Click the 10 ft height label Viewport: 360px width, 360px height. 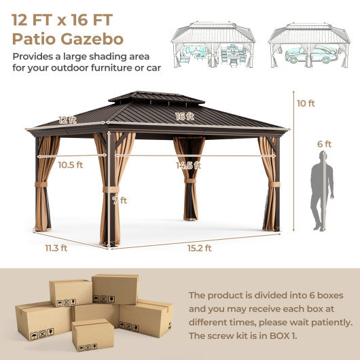point(306,104)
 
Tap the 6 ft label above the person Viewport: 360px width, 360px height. point(325,144)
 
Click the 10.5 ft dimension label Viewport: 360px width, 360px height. point(71,165)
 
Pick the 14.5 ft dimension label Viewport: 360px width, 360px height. point(188,165)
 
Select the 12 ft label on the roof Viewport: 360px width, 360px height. point(67,120)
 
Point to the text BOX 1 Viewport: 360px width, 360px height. point(288,336)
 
